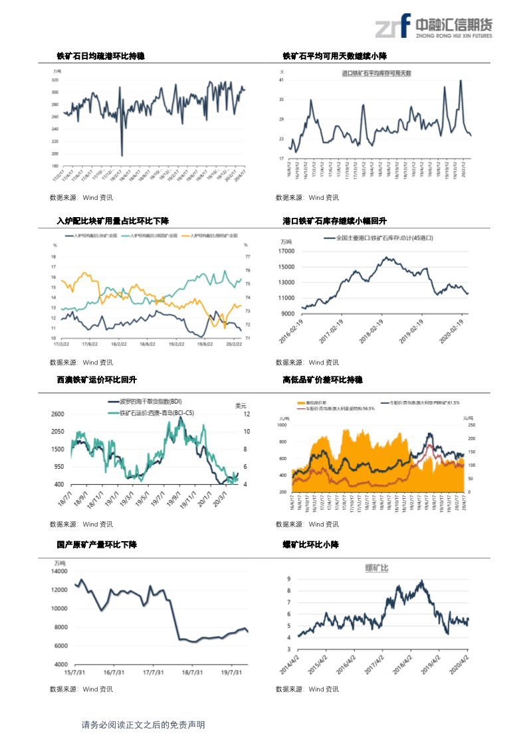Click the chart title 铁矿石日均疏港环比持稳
click(x=100, y=56)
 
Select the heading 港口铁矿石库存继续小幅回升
click(x=334, y=220)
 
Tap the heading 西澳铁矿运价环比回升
click(x=96, y=379)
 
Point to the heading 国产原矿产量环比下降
click(x=96, y=544)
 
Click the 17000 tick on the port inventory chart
click(x=286, y=252)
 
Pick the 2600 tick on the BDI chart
click(x=58, y=414)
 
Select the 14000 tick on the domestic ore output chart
click(x=59, y=571)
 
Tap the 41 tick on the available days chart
click(x=282, y=80)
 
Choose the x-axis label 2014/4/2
click(x=290, y=664)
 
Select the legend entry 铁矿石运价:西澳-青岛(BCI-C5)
click(x=157, y=412)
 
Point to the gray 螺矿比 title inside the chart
click(x=377, y=568)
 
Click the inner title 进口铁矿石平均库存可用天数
click(x=376, y=72)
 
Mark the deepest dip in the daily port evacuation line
click(x=122, y=155)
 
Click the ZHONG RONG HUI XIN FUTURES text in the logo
click(x=453, y=37)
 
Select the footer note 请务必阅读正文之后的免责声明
click(x=143, y=725)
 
